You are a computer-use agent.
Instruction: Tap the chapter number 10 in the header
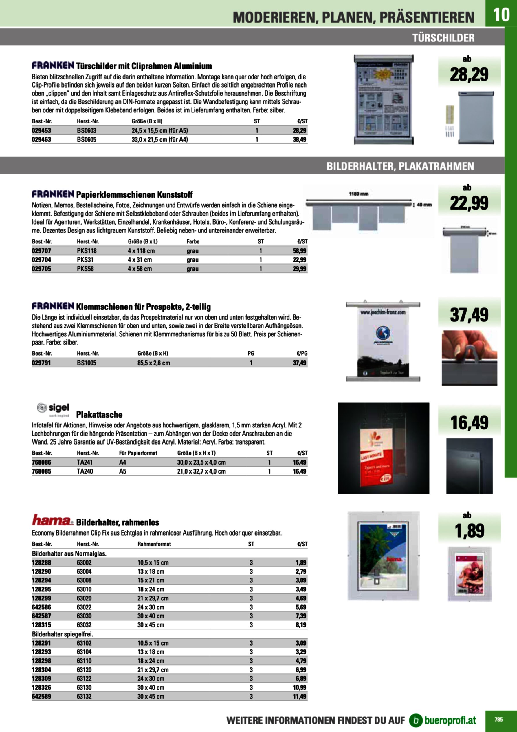(501, 14)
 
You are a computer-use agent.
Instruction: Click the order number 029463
(41, 139)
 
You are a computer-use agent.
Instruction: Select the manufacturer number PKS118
(87, 251)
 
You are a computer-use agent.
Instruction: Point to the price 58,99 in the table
(299, 251)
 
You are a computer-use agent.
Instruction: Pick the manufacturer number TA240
(85, 471)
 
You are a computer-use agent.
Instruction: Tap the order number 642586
(41, 607)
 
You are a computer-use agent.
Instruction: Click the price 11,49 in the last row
(299, 696)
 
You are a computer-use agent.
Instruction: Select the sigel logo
(53, 409)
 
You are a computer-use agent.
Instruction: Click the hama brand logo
(53, 520)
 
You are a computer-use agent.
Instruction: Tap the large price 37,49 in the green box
(469, 315)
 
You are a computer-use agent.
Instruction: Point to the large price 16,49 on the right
(469, 423)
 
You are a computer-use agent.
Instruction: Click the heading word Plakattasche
(99, 414)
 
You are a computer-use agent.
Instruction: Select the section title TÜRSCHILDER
(443, 38)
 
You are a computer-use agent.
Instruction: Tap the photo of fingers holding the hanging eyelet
(469, 358)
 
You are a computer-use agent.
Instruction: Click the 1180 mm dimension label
(359, 194)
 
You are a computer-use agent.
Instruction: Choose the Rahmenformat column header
(154, 544)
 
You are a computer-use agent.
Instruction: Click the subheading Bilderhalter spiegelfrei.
(63, 634)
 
